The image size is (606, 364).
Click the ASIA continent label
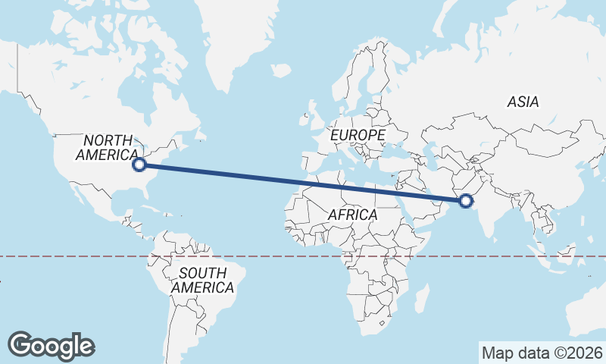[523, 102]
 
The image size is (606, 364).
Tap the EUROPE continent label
[358, 135]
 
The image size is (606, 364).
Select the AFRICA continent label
[352, 215]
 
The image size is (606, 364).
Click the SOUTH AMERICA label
[202, 281]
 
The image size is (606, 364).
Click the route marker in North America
[139, 164]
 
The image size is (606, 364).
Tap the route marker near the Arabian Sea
[465, 201]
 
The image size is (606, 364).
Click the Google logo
[51, 346]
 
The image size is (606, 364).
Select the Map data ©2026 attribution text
[542, 353]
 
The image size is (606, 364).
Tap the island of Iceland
[280, 71]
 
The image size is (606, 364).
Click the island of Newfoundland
[200, 136]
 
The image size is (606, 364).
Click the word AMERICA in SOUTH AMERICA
[202, 288]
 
